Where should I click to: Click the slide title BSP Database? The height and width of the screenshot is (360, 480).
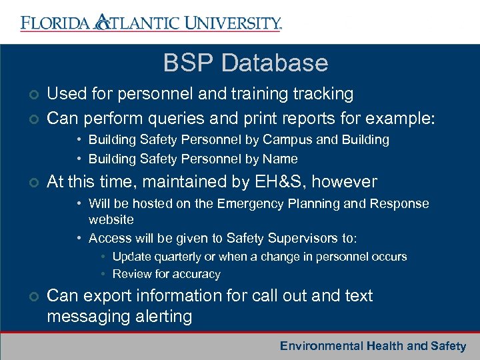[x=245, y=63]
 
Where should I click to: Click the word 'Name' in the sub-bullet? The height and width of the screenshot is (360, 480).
[x=281, y=159]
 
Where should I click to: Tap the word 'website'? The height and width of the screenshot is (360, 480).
[x=111, y=220]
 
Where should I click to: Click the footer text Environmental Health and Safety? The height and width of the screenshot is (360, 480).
[x=373, y=346]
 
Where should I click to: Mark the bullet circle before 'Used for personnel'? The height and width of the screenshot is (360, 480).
[x=25, y=95]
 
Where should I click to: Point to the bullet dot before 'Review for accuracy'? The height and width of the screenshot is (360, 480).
[x=103, y=274]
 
